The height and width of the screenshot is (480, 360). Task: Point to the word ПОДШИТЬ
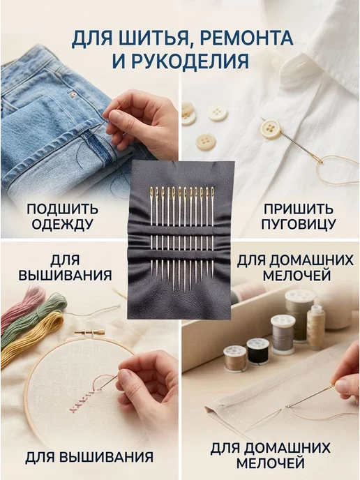(62, 209)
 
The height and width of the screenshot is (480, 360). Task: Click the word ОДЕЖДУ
(62, 225)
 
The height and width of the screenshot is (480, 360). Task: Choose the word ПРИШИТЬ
(298, 209)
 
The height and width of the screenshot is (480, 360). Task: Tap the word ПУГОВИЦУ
(298, 224)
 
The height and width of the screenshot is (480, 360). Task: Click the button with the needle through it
(271, 128)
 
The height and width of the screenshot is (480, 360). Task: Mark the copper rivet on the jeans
(73, 95)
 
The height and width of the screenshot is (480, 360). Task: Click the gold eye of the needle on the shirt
(317, 158)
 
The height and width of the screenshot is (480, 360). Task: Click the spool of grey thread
(283, 335)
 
